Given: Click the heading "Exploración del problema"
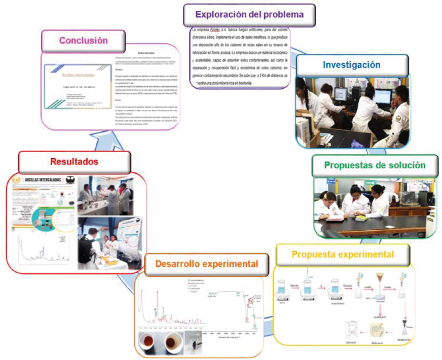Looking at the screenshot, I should point(249,14).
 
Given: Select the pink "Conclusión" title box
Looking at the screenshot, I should point(84,40).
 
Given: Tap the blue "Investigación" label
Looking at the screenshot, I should point(352,65).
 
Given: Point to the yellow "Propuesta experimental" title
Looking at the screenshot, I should point(343,255).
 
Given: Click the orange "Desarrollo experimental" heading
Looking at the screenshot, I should point(206,263).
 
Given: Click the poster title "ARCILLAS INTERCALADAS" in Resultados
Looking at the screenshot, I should point(44,179).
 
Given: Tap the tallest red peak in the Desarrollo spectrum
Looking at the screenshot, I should point(157,296).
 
